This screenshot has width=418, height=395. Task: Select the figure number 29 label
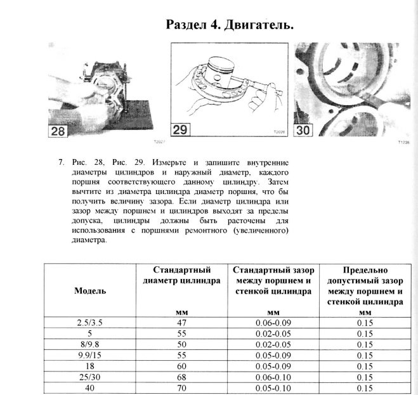(180, 129)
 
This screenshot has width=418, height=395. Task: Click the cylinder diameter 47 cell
(182, 322)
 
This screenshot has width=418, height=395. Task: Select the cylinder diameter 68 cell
(182, 377)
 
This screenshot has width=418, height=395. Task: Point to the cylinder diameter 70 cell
(182, 387)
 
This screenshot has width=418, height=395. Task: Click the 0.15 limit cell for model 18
(365, 366)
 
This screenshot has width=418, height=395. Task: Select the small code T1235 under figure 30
(403, 143)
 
